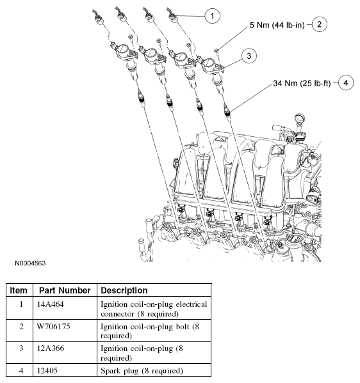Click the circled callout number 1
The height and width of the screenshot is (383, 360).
point(212,16)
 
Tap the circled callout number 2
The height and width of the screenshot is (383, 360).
point(319,24)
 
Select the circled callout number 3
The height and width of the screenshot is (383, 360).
point(249,56)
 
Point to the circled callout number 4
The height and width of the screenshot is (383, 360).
point(345,83)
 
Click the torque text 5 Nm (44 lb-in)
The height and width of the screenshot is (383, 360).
point(277,25)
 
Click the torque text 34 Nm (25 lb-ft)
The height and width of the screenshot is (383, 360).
point(302,83)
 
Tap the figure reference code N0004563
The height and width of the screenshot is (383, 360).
point(30,263)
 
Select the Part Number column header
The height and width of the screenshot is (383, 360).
point(65,290)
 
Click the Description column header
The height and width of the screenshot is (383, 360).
point(124,290)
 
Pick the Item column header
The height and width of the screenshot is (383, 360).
point(19,290)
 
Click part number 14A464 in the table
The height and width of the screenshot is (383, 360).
point(50,304)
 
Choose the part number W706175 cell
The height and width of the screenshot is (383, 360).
point(53,327)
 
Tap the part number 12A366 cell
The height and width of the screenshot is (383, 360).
point(51,348)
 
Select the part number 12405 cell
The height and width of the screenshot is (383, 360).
point(47,371)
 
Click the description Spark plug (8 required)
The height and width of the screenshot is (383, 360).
point(142,371)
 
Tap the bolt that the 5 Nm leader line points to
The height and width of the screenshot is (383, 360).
point(217,51)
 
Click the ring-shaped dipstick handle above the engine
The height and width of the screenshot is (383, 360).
point(300,119)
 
